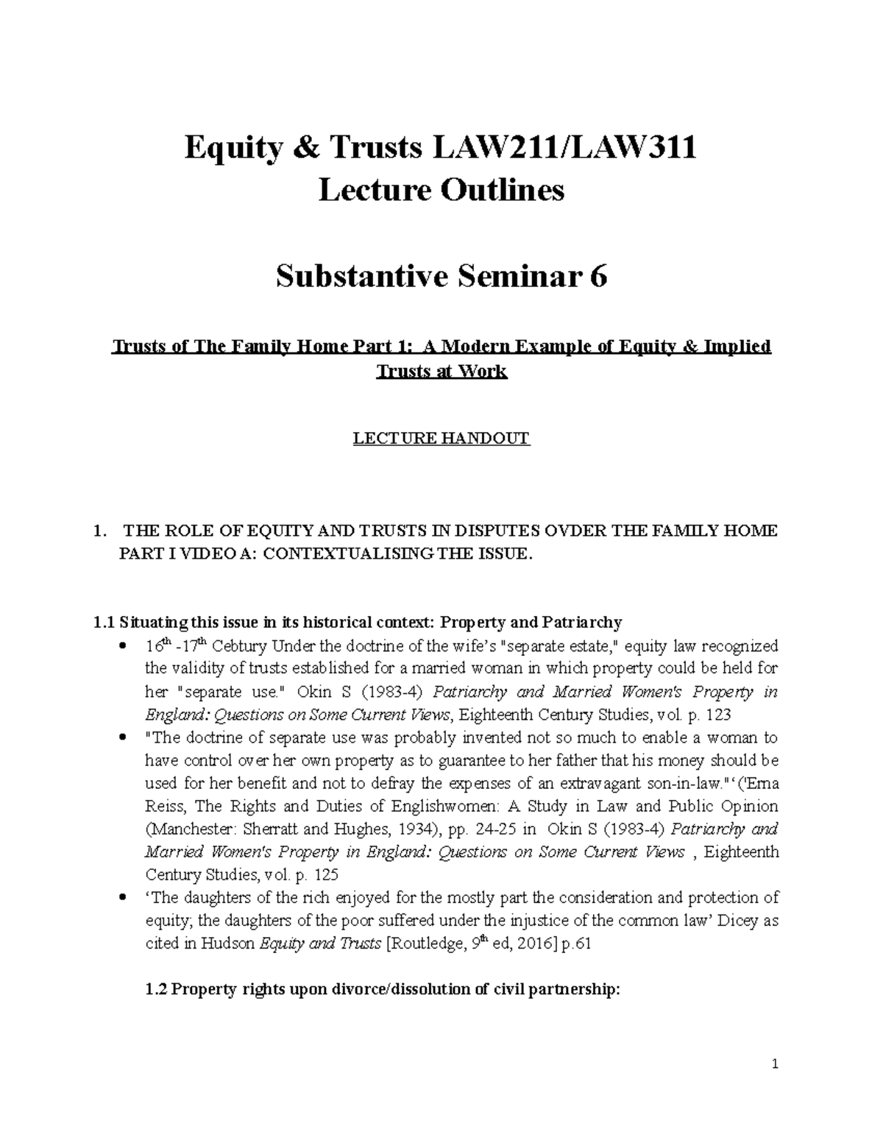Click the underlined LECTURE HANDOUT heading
point(441,439)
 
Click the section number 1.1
point(104,623)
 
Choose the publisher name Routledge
point(425,944)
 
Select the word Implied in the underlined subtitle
point(737,346)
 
